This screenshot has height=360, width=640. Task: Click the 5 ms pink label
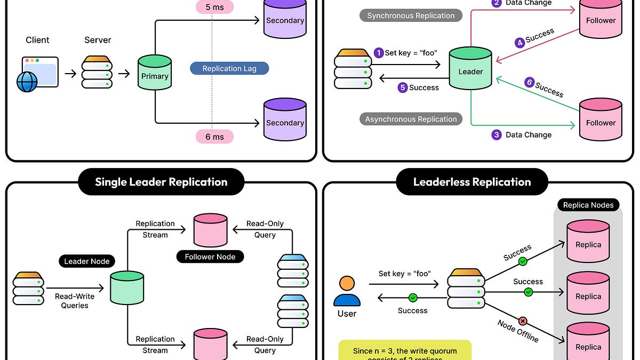(x=215, y=7)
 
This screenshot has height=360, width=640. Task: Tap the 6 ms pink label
(x=215, y=137)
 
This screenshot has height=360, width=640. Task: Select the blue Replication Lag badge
(x=229, y=69)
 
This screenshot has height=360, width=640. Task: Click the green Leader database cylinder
(x=470, y=68)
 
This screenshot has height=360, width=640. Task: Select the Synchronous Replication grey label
(x=411, y=15)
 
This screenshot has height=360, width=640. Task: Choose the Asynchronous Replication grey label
(x=411, y=119)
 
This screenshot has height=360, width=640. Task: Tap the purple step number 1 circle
(x=379, y=53)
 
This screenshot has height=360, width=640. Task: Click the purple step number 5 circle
(x=403, y=87)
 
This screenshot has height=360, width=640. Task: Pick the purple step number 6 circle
(x=529, y=82)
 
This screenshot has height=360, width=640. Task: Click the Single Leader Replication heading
(x=161, y=182)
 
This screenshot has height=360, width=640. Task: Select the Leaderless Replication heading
(x=472, y=182)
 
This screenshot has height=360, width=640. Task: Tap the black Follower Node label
(x=210, y=257)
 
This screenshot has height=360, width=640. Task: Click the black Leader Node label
(x=86, y=261)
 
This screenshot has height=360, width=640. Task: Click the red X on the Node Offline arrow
(x=523, y=321)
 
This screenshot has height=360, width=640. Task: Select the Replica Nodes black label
(x=588, y=205)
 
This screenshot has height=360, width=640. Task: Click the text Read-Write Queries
(x=75, y=301)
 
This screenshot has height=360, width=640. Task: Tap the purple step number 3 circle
(x=497, y=135)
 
